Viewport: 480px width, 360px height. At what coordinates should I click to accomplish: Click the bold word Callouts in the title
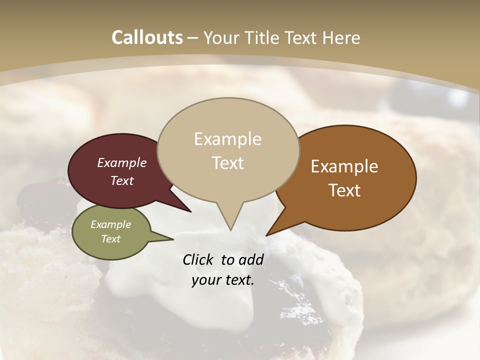click(147, 37)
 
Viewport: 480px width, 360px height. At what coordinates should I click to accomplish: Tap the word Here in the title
click(341, 37)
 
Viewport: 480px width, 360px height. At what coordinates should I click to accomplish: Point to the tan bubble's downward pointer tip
click(230, 229)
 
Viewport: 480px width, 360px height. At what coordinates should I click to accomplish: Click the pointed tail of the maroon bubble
click(190, 211)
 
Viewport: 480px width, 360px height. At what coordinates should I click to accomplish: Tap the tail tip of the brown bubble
click(267, 235)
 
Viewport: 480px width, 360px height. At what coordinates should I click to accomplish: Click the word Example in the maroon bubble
click(121, 163)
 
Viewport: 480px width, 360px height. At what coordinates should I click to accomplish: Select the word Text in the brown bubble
click(344, 190)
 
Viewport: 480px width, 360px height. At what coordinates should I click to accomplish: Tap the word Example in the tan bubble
click(227, 139)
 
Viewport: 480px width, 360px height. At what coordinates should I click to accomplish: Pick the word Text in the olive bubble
click(110, 239)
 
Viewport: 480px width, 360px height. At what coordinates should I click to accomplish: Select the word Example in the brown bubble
click(344, 166)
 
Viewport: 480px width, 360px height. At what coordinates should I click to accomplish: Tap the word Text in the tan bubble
click(228, 163)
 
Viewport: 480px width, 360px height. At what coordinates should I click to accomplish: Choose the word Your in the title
click(221, 37)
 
